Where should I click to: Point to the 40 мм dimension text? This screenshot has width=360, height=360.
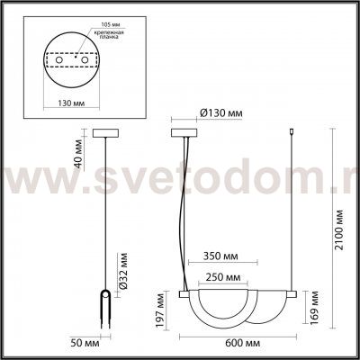[x=78, y=159]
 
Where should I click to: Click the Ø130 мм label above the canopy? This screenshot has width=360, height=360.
[x=220, y=113]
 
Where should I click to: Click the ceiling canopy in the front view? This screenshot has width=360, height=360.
[x=184, y=134]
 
